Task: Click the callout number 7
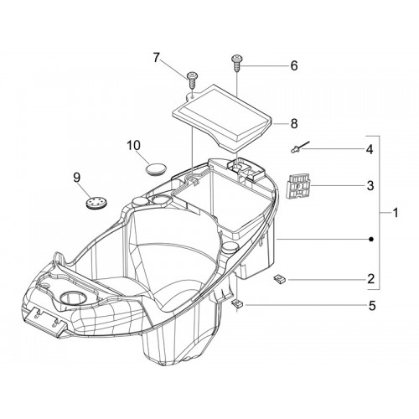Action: point(156,58)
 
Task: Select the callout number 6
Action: point(294,66)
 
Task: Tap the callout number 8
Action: point(294,123)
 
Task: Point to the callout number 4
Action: point(370,149)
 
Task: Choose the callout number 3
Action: point(370,185)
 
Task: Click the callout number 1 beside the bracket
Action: point(396,213)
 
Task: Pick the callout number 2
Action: point(370,279)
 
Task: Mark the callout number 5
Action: point(372,306)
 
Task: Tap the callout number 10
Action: point(133,146)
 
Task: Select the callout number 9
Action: point(77,178)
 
